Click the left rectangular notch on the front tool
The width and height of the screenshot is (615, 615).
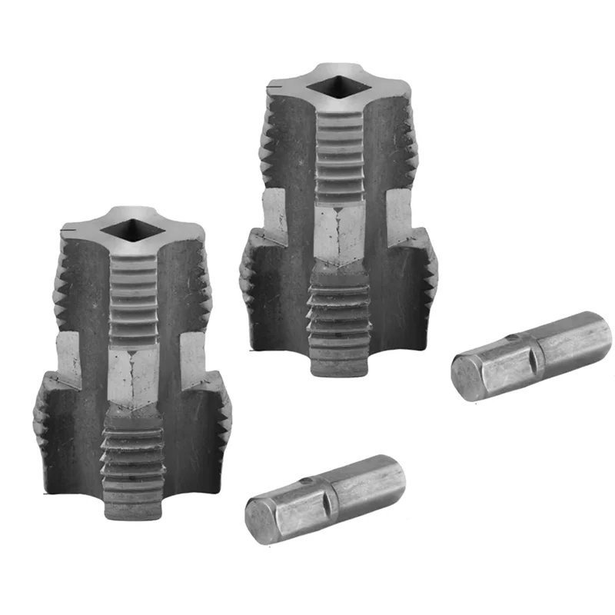tap(70, 357)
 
